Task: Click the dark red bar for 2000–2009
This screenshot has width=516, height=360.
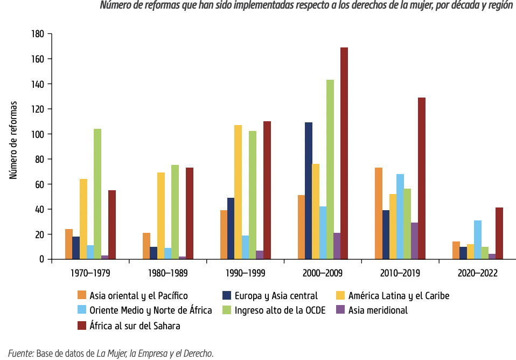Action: coord(344,154)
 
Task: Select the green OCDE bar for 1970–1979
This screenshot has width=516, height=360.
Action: coord(97,194)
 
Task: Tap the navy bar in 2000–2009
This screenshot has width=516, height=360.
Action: coord(309,191)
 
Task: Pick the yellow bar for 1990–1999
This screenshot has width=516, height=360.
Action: coord(238,192)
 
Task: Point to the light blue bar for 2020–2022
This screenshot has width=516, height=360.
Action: coord(478,240)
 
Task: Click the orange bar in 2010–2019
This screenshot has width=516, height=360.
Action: coord(379,213)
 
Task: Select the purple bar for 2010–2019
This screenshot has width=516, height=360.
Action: coord(414,241)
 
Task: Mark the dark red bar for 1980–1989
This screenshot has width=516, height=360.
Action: coord(189,213)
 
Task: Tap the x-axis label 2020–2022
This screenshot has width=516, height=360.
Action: coord(477,273)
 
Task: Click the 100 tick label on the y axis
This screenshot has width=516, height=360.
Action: coord(37,134)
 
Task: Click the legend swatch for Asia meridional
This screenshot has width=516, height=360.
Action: coord(340,310)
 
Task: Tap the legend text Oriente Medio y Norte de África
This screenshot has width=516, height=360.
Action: coord(150,310)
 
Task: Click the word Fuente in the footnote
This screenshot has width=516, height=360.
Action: coord(21,354)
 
